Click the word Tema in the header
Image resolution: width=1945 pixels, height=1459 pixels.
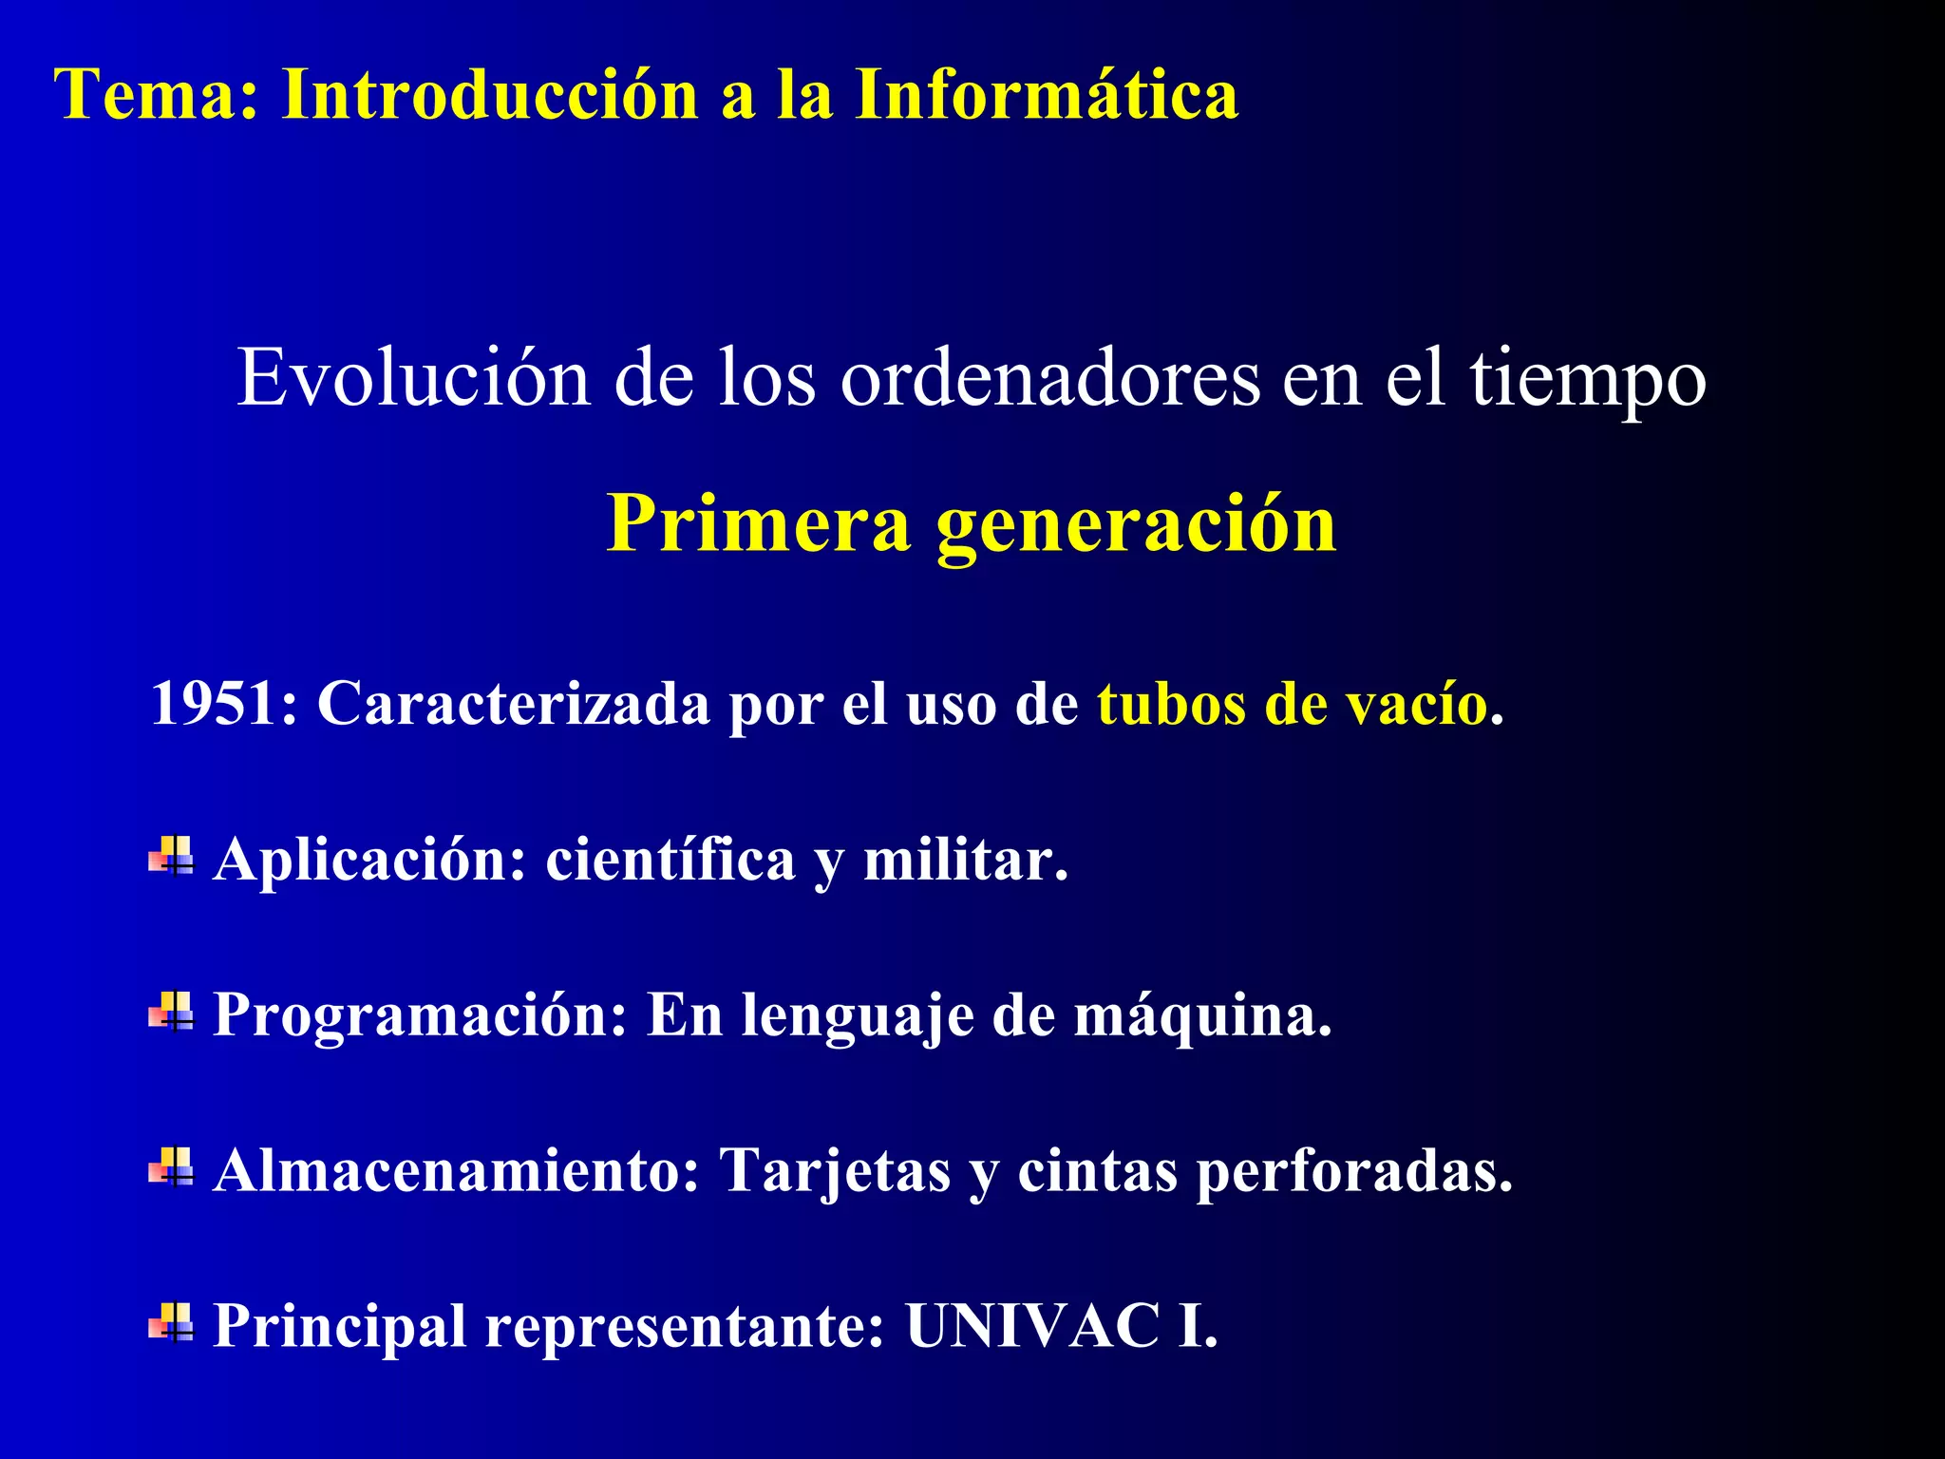(x=146, y=95)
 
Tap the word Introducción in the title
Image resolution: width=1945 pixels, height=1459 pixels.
(x=490, y=95)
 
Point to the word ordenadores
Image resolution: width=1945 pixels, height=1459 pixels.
(x=1049, y=378)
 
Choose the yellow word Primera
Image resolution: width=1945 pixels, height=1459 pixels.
(x=758, y=524)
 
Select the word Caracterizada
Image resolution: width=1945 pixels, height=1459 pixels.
(x=513, y=705)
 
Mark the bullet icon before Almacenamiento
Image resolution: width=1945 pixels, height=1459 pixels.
(x=171, y=1167)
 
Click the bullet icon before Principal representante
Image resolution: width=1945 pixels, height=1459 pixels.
(x=171, y=1322)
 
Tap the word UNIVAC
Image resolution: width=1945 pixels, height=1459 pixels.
(x=1031, y=1325)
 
